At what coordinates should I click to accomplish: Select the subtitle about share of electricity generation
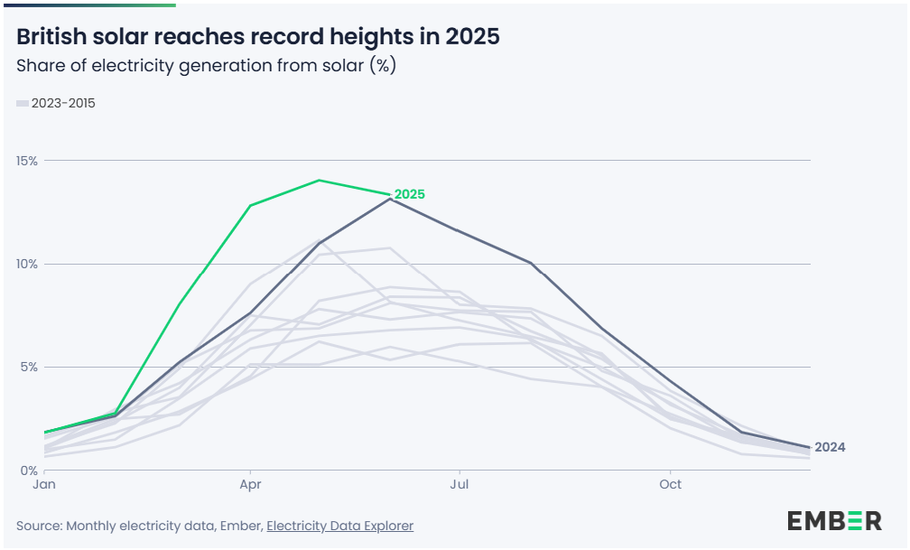coord(206,66)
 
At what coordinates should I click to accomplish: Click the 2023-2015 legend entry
coord(63,103)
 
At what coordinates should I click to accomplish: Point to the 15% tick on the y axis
coord(27,161)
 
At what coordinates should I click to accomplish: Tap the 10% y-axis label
coord(27,264)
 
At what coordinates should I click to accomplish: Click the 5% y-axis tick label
coord(29,368)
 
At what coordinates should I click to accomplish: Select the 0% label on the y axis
coord(29,471)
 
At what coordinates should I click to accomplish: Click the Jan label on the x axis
coord(44,485)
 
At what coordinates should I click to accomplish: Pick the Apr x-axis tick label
coord(250,485)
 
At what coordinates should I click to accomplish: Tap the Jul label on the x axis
coord(460,485)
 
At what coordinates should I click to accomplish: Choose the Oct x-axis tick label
coord(670,485)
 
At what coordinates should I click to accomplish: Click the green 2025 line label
coord(409,194)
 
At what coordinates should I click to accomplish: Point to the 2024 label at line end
coord(830,447)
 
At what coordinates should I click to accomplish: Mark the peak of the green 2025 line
coord(320,180)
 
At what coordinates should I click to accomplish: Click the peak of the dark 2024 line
coord(389,199)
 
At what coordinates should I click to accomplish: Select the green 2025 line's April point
coord(250,206)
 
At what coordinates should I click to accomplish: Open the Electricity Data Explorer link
coord(339,526)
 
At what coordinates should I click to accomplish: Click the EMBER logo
coord(833,520)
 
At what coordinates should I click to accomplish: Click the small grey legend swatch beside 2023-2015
coord(23,104)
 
